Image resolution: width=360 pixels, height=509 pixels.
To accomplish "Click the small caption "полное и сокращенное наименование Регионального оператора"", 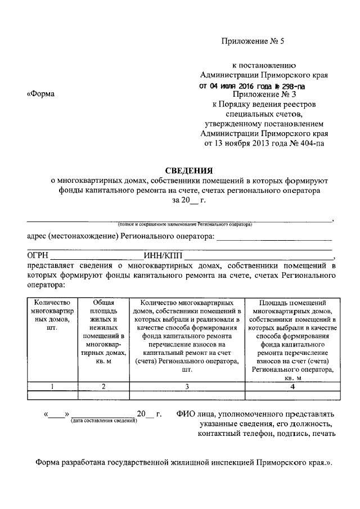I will tap(185, 224).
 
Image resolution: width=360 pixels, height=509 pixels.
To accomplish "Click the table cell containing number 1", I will tap(53, 386).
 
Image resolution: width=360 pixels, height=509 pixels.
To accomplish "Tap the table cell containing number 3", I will tap(187, 386).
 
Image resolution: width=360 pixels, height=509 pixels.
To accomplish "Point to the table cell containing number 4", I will tap(291, 386).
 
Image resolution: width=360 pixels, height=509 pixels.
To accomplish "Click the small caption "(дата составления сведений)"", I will tap(104, 421).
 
